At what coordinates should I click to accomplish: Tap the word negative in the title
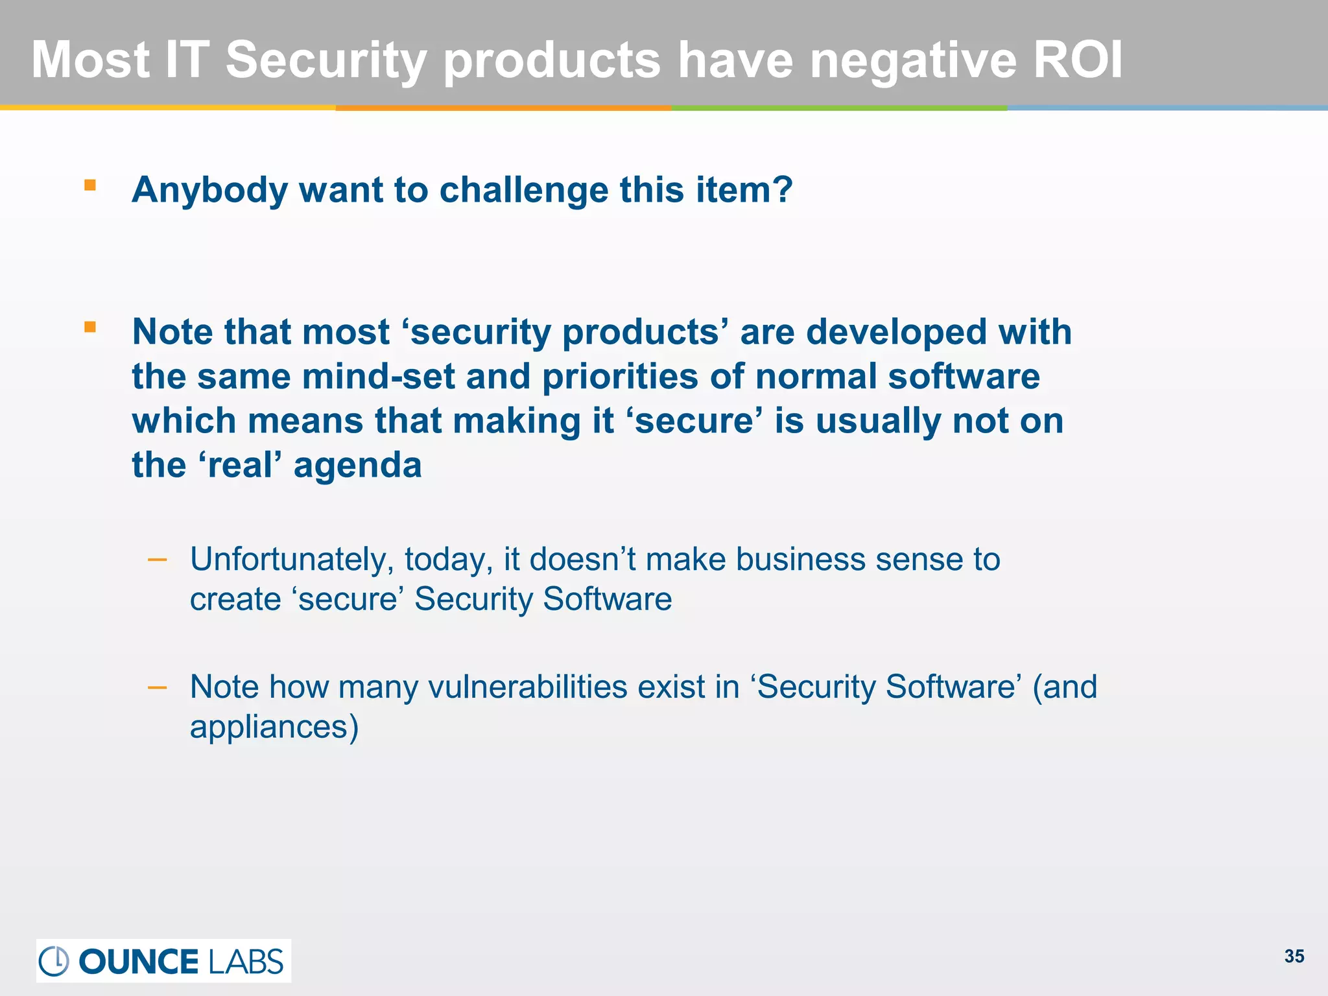913,60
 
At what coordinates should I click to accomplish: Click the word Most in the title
91,60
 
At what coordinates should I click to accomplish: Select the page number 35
1294,956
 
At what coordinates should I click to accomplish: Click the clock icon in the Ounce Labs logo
54,961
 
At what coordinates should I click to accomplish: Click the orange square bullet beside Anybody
90,186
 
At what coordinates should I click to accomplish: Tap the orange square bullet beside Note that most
90,327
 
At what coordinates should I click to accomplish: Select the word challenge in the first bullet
524,191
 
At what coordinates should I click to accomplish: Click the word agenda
357,466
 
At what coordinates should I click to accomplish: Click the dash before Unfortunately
158,559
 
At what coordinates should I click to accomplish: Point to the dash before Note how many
158,687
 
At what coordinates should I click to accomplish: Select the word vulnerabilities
528,687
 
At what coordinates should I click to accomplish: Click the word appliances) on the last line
274,727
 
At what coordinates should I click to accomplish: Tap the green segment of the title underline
839,108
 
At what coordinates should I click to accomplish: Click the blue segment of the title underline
1167,108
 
